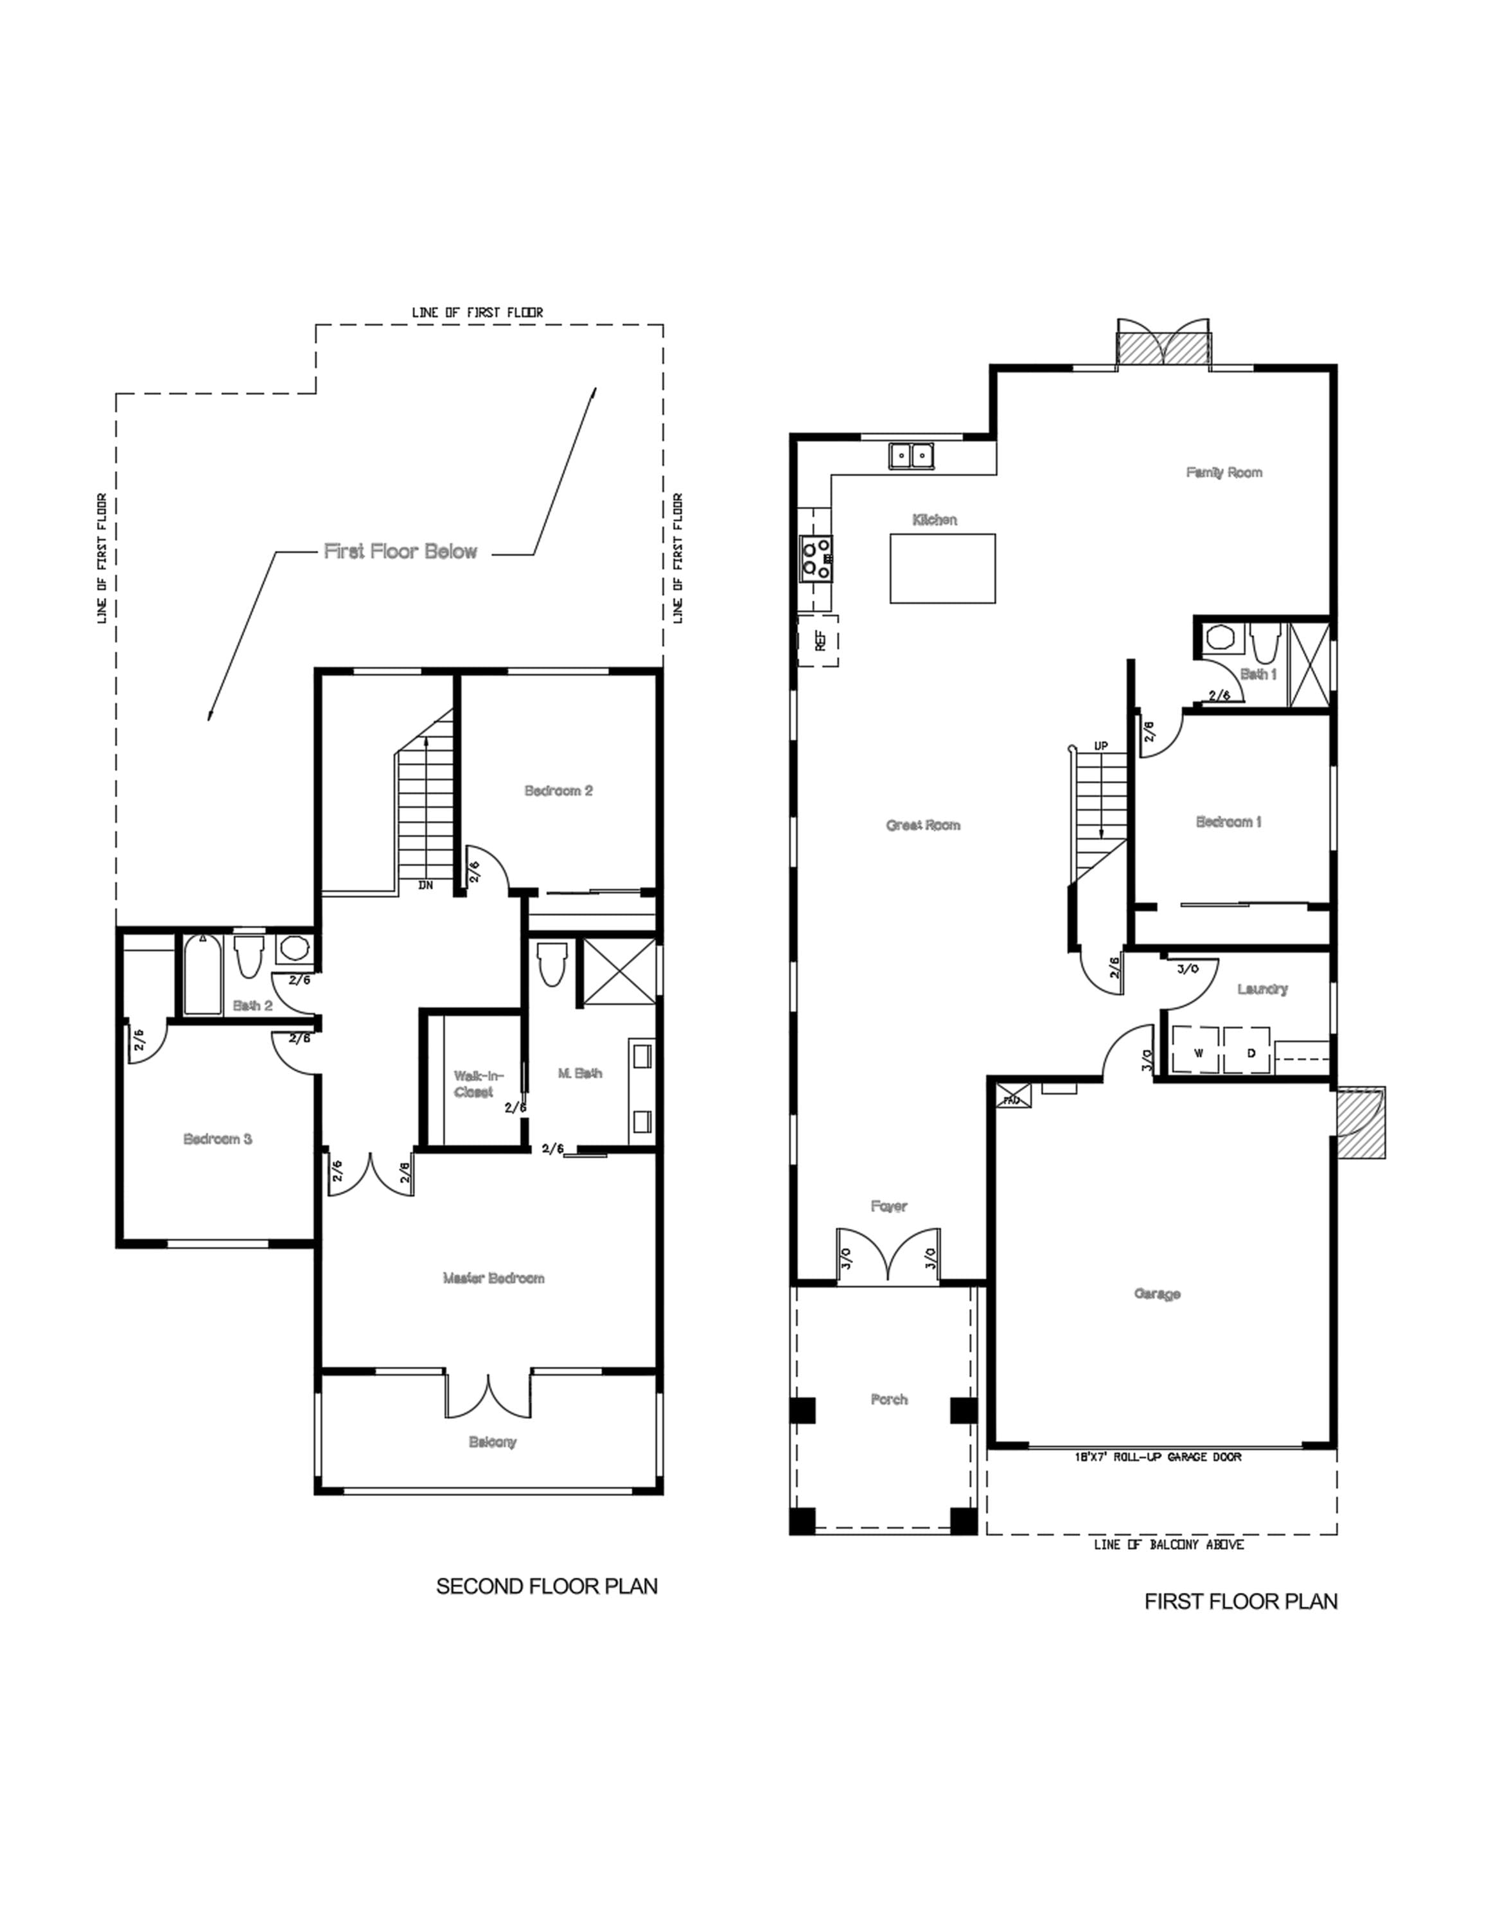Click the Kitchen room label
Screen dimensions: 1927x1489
(x=934, y=520)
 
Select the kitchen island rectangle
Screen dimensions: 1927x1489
(x=942, y=568)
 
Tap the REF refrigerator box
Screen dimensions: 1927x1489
(x=818, y=640)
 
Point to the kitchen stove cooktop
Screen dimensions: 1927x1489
(x=816, y=559)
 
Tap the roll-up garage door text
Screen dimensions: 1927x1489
(x=1158, y=1457)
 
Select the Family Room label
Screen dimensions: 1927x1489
(x=1224, y=472)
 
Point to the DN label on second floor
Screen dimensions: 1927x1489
(x=425, y=885)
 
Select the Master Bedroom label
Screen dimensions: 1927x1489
(x=493, y=1278)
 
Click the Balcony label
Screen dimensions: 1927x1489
(x=492, y=1442)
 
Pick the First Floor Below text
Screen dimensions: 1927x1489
(x=400, y=552)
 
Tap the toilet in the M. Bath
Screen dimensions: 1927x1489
(x=552, y=963)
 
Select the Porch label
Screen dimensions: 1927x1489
(x=888, y=1400)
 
